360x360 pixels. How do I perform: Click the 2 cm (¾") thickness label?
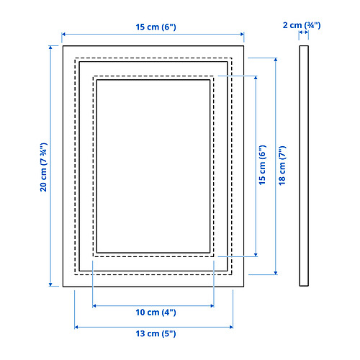click(302, 25)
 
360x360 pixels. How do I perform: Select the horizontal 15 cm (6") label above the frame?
click(156, 27)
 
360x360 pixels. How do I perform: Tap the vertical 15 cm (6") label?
click(262, 165)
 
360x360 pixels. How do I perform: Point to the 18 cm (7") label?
click(282, 166)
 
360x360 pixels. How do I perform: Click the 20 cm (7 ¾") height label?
click(44, 167)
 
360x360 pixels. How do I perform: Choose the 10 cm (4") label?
click(156, 312)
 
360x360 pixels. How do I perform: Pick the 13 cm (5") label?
click(156, 333)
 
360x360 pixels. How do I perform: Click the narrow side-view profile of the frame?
click(304, 166)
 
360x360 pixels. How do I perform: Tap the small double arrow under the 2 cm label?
click(304, 32)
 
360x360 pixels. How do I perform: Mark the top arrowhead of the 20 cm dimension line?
click(50, 48)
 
